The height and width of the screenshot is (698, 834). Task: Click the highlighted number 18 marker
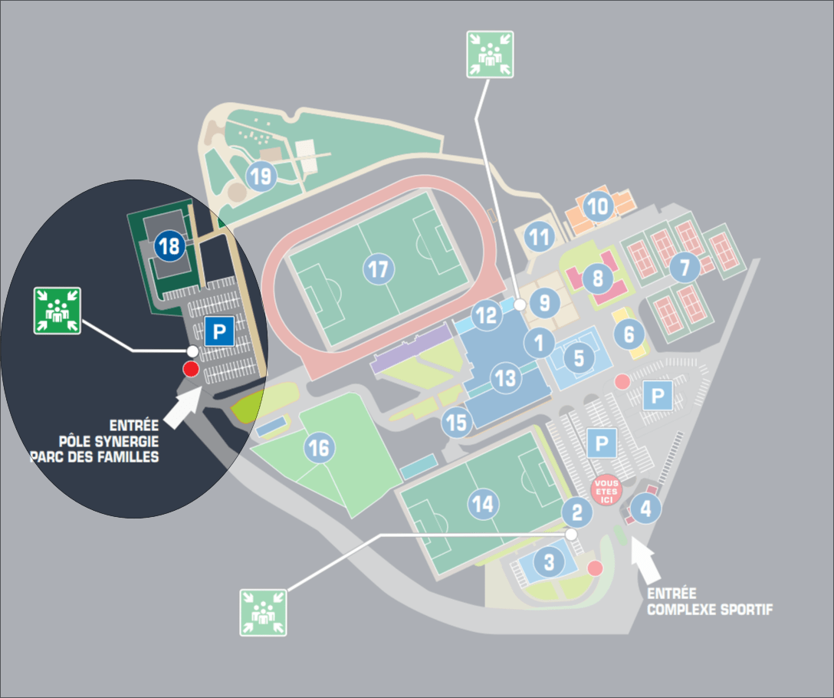(x=169, y=246)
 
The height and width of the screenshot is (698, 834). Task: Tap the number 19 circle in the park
(x=261, y=176)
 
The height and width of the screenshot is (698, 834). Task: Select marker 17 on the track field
(x=379, y=269)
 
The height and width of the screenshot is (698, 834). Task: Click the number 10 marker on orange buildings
(x=598, y=206)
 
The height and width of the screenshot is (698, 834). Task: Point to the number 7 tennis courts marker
(x=685, y=267)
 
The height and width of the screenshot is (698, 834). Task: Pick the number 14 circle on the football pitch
(x=483, y=504)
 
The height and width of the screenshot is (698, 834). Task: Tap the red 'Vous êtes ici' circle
(x=606, y=491)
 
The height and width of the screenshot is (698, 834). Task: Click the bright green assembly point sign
(x=57, y=311)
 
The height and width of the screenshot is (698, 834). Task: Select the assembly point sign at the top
(x=490, y=54)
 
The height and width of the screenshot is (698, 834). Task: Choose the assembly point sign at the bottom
(x=263, y=612)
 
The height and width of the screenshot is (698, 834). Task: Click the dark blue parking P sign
(x=220, y=331)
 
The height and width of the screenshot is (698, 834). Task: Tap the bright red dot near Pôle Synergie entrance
(x=191, y=368)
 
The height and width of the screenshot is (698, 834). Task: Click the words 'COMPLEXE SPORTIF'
(x=710, y=610)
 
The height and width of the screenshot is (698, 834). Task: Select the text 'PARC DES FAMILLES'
(x=94, y=457)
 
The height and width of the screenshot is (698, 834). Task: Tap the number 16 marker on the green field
(x=319, y=448)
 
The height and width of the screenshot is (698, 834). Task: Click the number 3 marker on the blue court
(x=549, y=561)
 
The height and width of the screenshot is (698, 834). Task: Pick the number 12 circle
(x=486, y=314)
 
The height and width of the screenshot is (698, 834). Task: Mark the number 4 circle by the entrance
(x=645, y=509)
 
